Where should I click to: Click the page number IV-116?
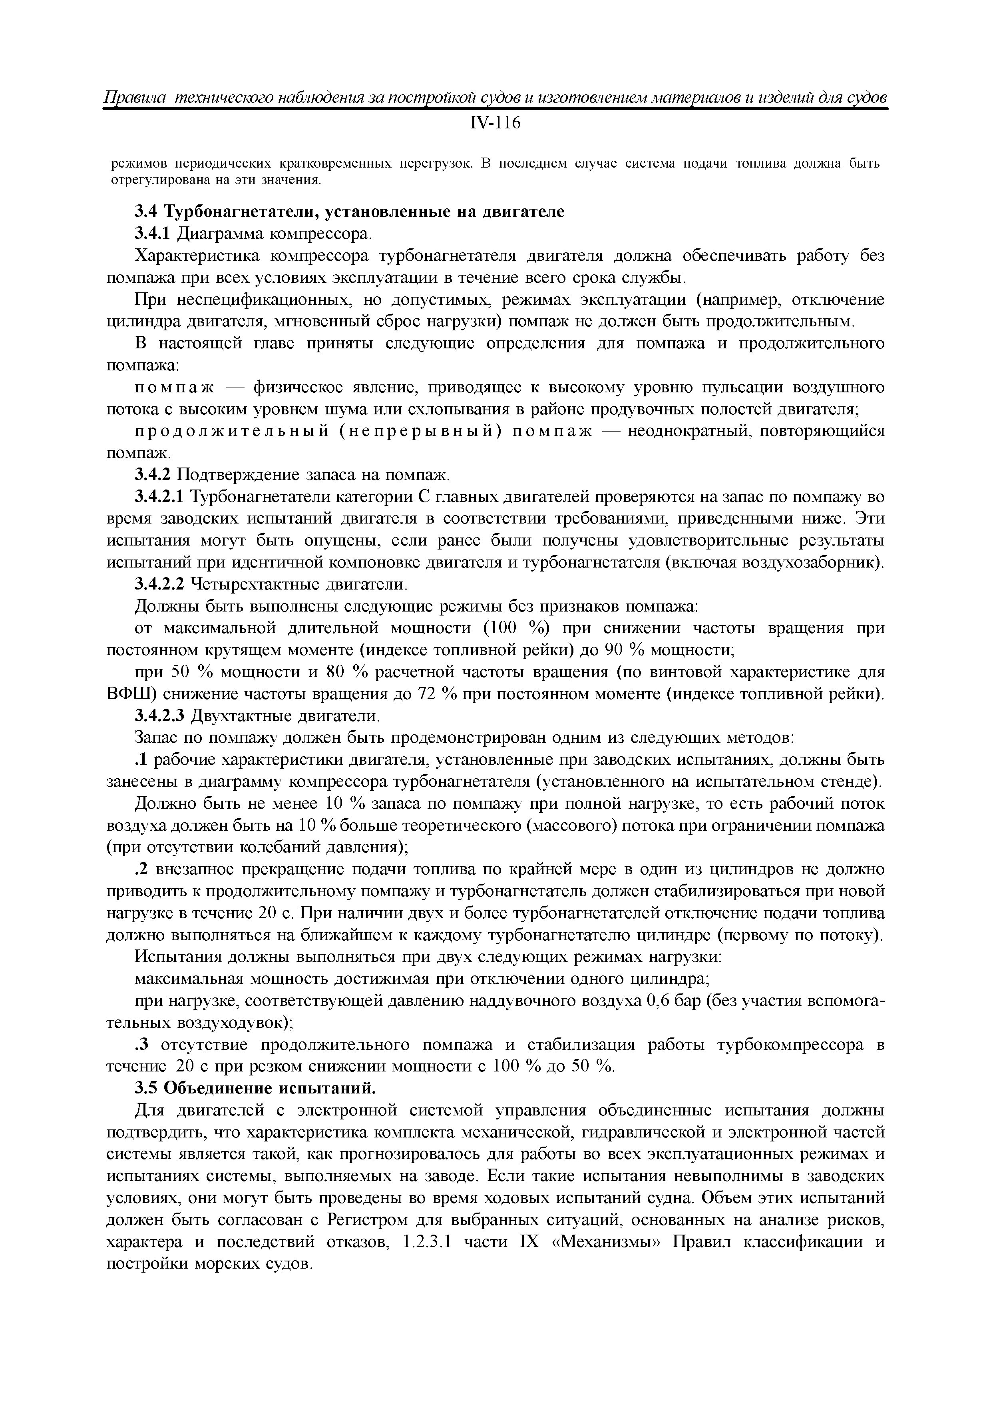pyautogui.click(x=495, y=124)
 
